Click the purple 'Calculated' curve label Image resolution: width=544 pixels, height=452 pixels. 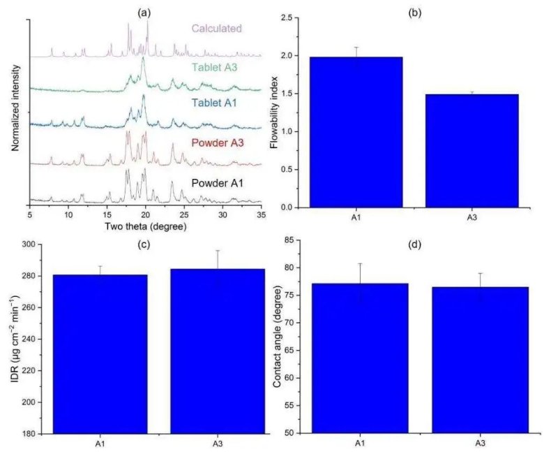[217, 29]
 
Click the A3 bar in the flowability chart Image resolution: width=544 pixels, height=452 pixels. [471, 150]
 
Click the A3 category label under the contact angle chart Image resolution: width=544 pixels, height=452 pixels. [481, 442]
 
